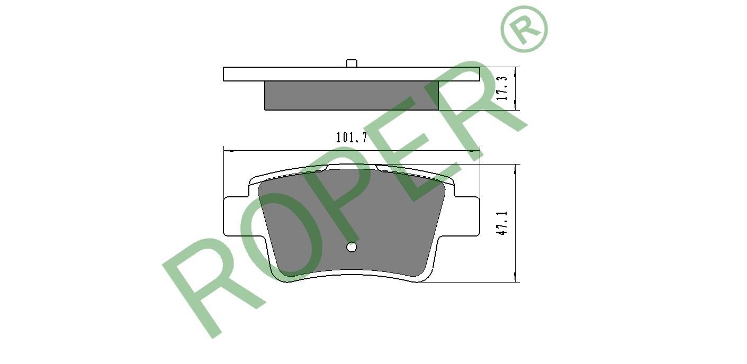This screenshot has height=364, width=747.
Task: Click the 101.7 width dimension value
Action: point(351,138)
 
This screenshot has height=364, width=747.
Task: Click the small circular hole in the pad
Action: point(352,247)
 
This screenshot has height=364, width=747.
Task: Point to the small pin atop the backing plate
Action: point(352,63)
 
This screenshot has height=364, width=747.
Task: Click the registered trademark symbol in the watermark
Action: point(524,29)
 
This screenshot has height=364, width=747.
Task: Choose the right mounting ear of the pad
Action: point(467,216)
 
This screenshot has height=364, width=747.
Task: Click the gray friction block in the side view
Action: point(352,95)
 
